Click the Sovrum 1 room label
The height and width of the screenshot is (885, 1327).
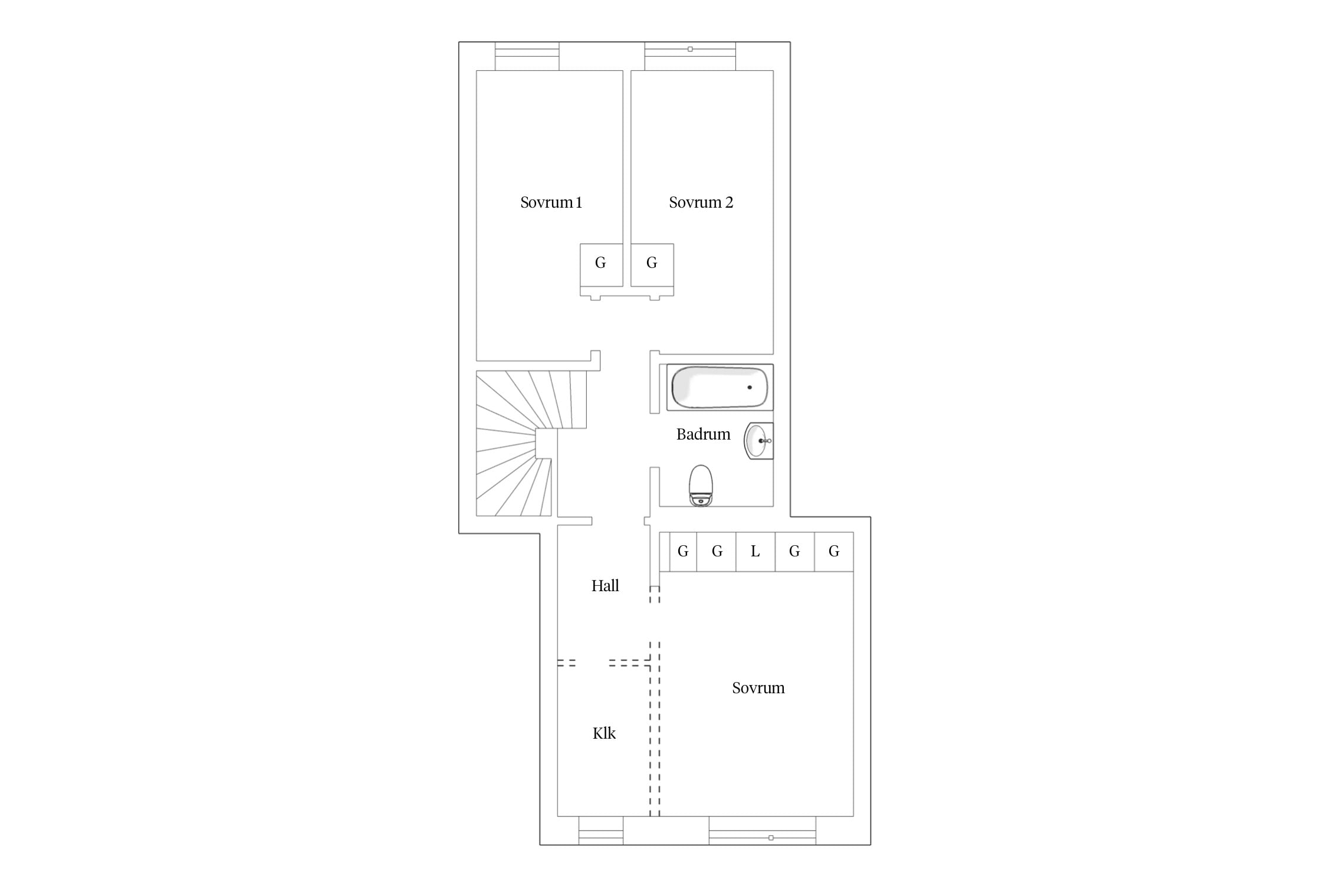click(551, 202)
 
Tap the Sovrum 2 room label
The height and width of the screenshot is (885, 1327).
click(701, 202)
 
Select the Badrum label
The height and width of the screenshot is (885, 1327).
click(703, 434)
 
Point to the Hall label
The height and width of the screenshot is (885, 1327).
click(605, 585)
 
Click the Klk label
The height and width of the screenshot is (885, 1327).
click(604, 733)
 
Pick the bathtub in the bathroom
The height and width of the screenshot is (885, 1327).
click(720, 387)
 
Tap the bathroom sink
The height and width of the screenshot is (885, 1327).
click(758, 441)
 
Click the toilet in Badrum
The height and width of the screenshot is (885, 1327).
click(701, 486)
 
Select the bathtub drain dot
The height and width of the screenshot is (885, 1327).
click(750, 387)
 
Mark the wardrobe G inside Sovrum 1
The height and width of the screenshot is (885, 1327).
click(601, 265)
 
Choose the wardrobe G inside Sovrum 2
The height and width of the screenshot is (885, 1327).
click(652, 265)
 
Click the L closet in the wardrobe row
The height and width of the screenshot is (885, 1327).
click(756, 552)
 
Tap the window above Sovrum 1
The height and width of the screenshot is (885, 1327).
click(527, 57)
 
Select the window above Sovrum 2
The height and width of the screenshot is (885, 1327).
click(690, 57)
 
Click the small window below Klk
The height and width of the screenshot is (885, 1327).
click(600, 831)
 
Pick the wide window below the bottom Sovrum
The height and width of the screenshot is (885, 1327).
click(762, 831)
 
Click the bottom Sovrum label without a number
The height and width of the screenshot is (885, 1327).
click(758, 688)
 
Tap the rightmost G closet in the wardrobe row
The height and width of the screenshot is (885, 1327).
click(834, 552)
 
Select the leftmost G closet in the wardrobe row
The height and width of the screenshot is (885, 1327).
click(683, 552)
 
